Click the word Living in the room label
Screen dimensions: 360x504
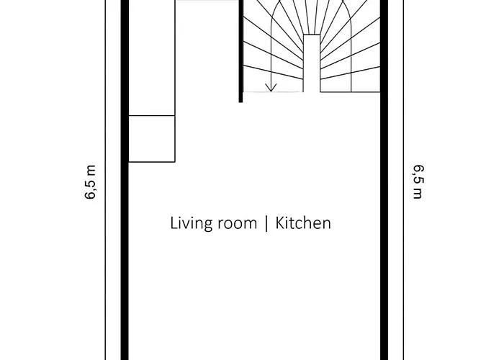[189, 223]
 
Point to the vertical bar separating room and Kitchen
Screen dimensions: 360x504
[267, 223]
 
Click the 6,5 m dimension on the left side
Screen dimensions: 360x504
[91, 184]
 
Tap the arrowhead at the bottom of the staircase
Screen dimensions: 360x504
[271, 87]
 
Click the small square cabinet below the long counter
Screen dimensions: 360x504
[152, 138]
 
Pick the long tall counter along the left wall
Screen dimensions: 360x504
[152, 58]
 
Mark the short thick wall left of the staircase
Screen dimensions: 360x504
[240, 50]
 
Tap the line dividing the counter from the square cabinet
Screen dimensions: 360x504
[152, 115]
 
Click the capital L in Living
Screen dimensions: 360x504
[174, 222]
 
